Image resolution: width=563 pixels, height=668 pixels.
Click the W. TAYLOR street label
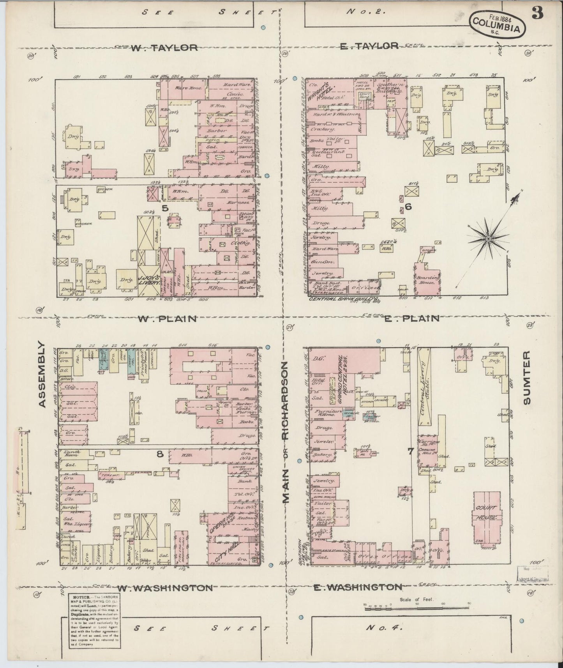[x=164, y=48]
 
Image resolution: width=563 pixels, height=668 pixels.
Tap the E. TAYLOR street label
[x=369, y=46]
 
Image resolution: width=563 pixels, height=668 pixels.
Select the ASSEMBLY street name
[x=42, y=375]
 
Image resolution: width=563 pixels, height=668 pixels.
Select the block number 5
[x=165, y=209]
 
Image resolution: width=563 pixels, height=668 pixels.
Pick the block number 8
[x=159, y=454]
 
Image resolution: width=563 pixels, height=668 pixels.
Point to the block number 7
[x=410, y=452]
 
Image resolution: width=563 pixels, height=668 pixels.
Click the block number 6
[x=408, y=207]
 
